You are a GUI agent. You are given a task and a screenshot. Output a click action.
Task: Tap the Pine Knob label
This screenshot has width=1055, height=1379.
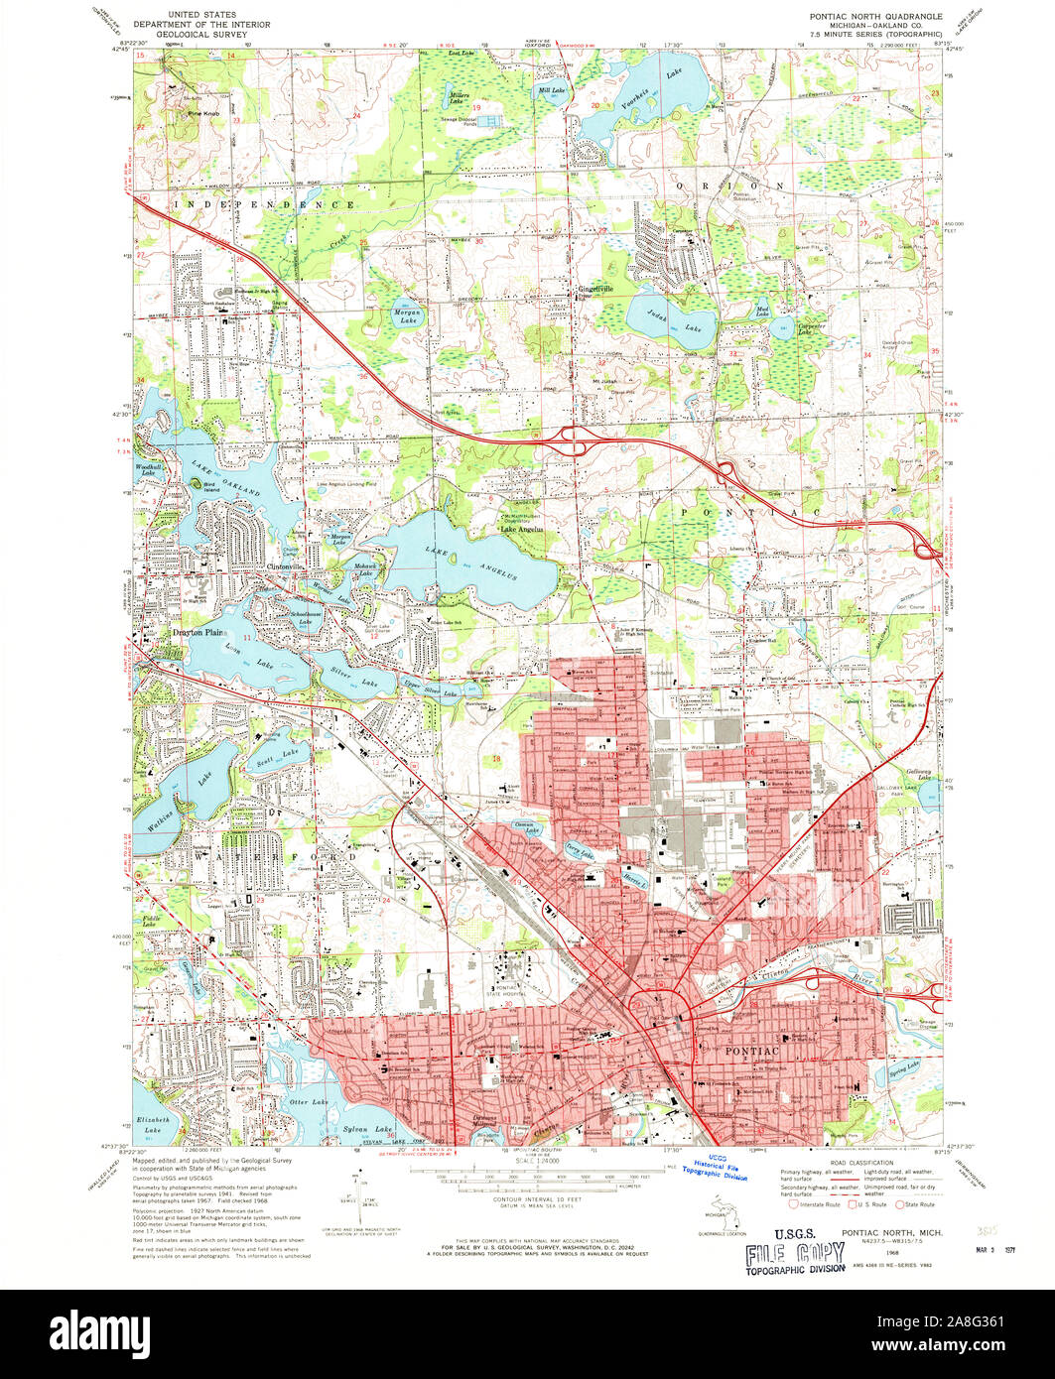[202, 116]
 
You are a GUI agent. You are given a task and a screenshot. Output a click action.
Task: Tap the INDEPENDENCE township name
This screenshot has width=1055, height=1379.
[265, 203]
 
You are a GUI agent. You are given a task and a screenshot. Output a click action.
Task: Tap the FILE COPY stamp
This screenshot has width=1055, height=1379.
[783, 1253]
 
